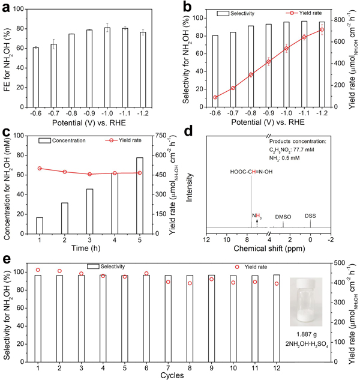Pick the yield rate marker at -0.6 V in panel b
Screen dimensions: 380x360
(215, 97)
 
